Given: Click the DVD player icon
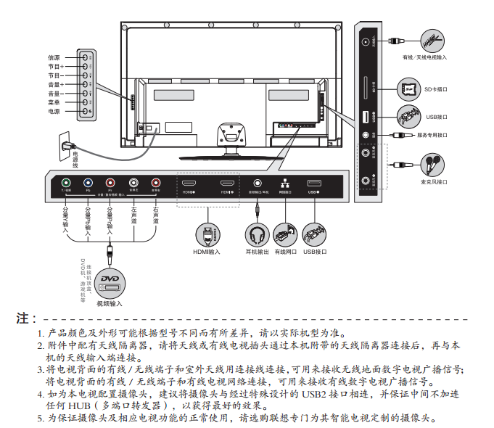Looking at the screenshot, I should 110,280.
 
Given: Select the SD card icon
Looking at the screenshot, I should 407,89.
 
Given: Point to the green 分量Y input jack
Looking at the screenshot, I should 65,184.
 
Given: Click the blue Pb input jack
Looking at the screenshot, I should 88,184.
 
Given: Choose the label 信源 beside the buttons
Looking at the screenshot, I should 54,57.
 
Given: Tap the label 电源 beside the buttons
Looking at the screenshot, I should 54,112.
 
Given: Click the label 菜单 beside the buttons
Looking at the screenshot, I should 54,102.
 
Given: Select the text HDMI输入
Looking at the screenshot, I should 207,252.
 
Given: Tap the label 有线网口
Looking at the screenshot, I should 286,252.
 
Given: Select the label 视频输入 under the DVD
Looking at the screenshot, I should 110,303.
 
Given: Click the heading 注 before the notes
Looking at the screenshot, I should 26,318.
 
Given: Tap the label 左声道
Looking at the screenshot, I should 133,215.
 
